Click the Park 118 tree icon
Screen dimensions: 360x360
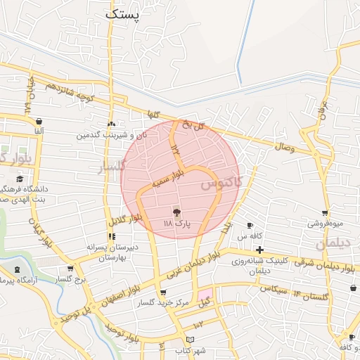point(176,212)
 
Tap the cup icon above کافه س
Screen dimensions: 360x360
point(250,225)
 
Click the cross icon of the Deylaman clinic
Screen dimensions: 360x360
point(259,250)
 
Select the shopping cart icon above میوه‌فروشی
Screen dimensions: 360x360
point(325,213)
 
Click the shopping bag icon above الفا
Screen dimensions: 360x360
point(38,120)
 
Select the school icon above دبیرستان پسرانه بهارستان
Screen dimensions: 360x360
point(112,236)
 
